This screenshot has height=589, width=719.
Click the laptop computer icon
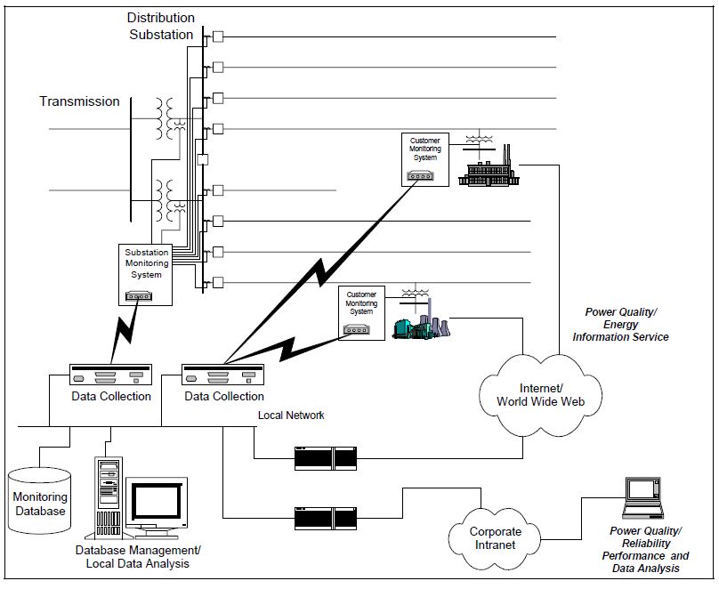[642, 498]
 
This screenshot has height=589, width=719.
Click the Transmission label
[79, 101]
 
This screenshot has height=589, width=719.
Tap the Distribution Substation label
[160, 26]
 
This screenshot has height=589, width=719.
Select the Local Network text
[291, 416]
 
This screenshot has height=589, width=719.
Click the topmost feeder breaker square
[217, 36]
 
